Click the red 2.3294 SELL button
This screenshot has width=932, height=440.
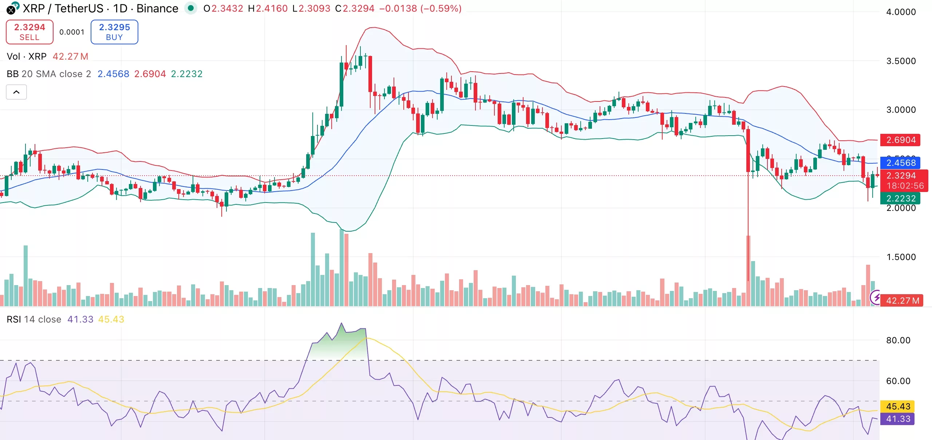(x=29, y=32)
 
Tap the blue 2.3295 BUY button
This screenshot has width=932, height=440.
(x=114, y=32)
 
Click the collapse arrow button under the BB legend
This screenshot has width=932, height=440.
(x=16, y=92)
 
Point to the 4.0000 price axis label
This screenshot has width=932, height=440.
(x=901, y=12)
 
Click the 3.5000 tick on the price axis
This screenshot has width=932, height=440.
(x=901, y=61)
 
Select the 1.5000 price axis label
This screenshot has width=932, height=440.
(x=901, y=257)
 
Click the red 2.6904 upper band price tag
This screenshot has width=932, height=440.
(x=900, y=140)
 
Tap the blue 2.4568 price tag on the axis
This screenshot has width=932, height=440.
(x=900, y=163)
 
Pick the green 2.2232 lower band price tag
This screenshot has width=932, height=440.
(x=900, y=198)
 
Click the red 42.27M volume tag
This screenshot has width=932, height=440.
(x=902, y=301)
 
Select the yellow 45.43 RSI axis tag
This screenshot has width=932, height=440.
(x=898, y=406)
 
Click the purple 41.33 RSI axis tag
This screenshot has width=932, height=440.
(x=898, y=419)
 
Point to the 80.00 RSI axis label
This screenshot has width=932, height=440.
(x=898, y=340)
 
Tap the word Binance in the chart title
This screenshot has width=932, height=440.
(x=157, y=8)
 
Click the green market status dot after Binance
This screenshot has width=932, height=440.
(x=190, y=8)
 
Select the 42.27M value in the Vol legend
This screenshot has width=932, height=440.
(x=70, y=56)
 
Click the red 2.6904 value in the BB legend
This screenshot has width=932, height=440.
(x=150, y=74)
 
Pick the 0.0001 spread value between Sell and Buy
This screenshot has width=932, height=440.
(x=72, y=32)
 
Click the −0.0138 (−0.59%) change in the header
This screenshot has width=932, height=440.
(x=420, y=8)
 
